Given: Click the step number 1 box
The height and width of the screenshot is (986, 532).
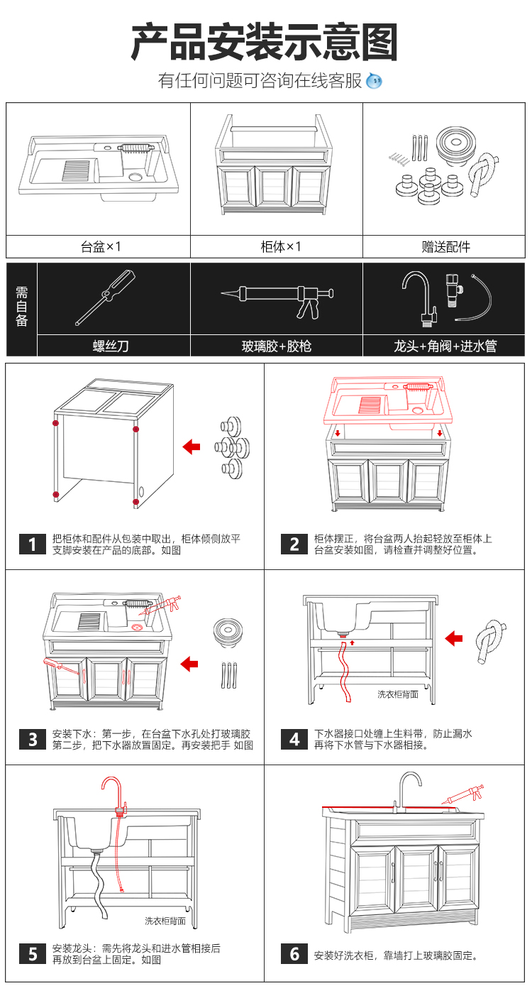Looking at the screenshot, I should click(x=33, y=544).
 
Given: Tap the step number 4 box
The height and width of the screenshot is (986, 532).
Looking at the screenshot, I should click(x=294, y=739).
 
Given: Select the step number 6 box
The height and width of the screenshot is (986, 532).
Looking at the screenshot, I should click(x=294, y=954).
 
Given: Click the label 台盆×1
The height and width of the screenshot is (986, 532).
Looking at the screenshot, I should click(x=100, y=247).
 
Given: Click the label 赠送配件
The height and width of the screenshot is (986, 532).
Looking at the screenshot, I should click(x=445, y=247).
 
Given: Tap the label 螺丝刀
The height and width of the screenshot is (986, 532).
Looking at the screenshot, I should click(x=113, y=346).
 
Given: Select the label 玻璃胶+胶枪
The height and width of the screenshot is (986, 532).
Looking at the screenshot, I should click(x=277, y=346).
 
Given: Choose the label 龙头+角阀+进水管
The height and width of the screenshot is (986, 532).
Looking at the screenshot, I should click(x=445, y=346).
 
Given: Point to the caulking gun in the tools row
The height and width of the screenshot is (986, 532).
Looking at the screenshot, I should click(x=277, y=298).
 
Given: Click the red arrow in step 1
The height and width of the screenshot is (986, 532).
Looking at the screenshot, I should click(x=192, y=447).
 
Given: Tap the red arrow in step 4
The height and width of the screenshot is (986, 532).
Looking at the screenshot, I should click(x=454, y=639).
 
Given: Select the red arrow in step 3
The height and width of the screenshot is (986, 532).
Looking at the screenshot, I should click(x=189, y=664).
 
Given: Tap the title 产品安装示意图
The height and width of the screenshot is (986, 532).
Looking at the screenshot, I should click(x=265, y=43).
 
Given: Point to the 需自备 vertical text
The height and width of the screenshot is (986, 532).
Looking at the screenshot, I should click(x=22, y=309).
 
